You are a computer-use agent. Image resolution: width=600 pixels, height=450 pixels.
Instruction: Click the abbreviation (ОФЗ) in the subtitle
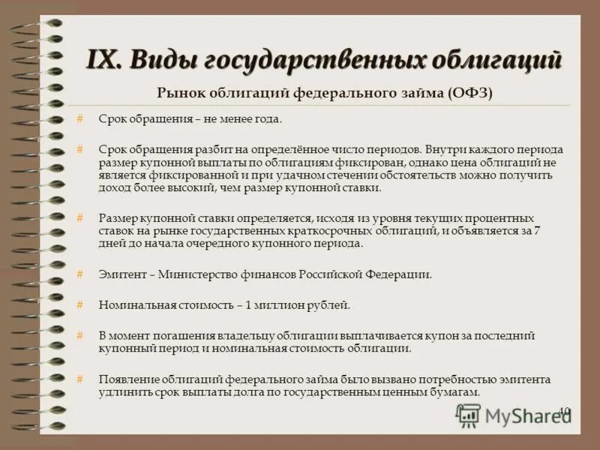472,92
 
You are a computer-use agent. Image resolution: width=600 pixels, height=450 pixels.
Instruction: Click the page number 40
565,411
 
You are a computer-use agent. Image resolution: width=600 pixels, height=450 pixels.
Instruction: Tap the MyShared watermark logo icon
468,415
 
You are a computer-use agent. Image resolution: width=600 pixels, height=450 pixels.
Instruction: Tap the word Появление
127,379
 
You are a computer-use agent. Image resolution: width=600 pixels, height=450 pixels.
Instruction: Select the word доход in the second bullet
113,187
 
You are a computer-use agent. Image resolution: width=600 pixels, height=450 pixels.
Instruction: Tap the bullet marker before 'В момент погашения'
79,335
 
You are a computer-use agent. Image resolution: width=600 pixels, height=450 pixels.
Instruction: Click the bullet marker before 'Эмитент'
79,274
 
